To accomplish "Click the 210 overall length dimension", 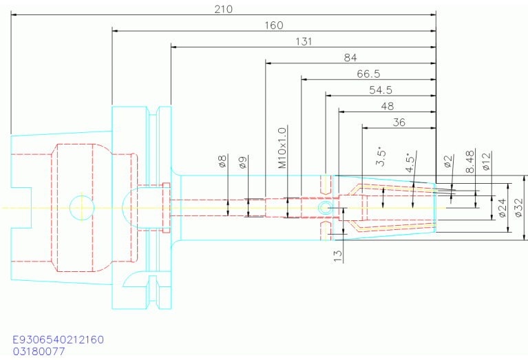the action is (x=224, y=9).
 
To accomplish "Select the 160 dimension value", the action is (x=274, y=25).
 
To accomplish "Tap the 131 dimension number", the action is (x=304, y=41).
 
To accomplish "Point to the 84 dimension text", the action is (x=350, y=58).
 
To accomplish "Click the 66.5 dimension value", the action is (x=368, y=74).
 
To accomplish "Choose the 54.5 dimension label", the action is (x=381, y=90).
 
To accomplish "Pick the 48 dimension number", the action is (x=388, y=106).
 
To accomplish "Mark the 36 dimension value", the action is (x=399, y=123).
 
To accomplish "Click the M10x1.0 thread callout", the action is (x=282, y=147).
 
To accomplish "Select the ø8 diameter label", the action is (x=222, y=161).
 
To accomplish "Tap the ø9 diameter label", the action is (x=243, y=162).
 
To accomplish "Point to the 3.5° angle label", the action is (x=381, y=156).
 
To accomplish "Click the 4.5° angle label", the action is (x=410, y=163).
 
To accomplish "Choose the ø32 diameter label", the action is (x=519, y=207).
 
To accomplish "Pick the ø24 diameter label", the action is (x=502, y=208).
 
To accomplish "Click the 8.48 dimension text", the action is (x=470, y=162).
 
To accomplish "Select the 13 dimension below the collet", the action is (x=338, y=256).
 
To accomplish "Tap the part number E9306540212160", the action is (x=58, y=339).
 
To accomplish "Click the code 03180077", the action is (x=39, y=351).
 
